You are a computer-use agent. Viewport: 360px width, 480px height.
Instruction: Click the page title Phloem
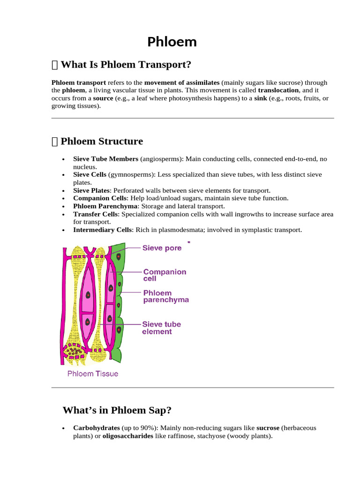point(172,42)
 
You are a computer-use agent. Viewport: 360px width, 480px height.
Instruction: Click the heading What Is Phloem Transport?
point(126,65)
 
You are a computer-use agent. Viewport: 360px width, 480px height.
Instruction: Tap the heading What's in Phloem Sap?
point(117,410)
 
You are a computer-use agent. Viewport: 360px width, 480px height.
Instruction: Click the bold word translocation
point(278,90)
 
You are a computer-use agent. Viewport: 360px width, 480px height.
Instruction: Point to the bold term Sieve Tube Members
point(105,159)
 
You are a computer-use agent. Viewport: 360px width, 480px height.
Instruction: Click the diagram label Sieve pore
point(162,248)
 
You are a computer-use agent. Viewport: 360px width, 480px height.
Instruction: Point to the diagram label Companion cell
point(164,275)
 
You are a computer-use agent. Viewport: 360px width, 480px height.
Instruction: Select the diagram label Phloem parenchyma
point(165,296)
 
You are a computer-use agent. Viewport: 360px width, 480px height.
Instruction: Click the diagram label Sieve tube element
point(161,328)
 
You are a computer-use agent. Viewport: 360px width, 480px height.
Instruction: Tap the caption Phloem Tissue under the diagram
point(93,374)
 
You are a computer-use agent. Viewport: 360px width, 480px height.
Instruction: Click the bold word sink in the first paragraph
point(260,98)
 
